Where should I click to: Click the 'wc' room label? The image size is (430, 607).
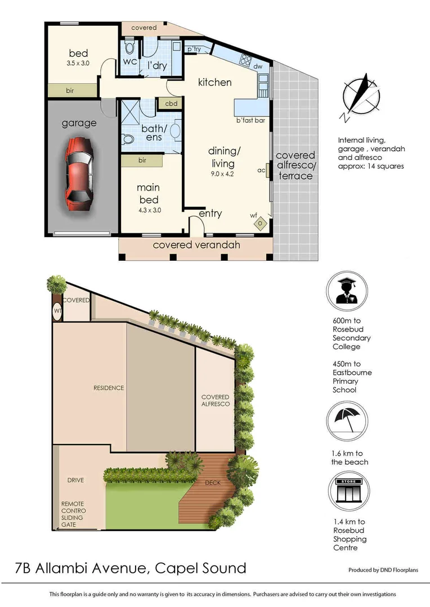tap(130, 61)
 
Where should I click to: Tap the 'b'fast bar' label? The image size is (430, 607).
tap(250, 120)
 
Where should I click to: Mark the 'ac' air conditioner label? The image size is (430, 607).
tap(261, 170)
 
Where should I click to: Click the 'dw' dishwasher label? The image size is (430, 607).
tap(258, 66)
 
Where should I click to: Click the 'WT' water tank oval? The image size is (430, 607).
tap(57, 310)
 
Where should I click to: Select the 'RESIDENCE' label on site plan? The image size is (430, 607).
tap(109, 388)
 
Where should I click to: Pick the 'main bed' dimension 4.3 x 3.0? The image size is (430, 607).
tap(149, 211)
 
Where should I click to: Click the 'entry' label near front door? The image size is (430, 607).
tap(210, 214)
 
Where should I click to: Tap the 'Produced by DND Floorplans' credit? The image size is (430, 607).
tap(383, 570)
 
